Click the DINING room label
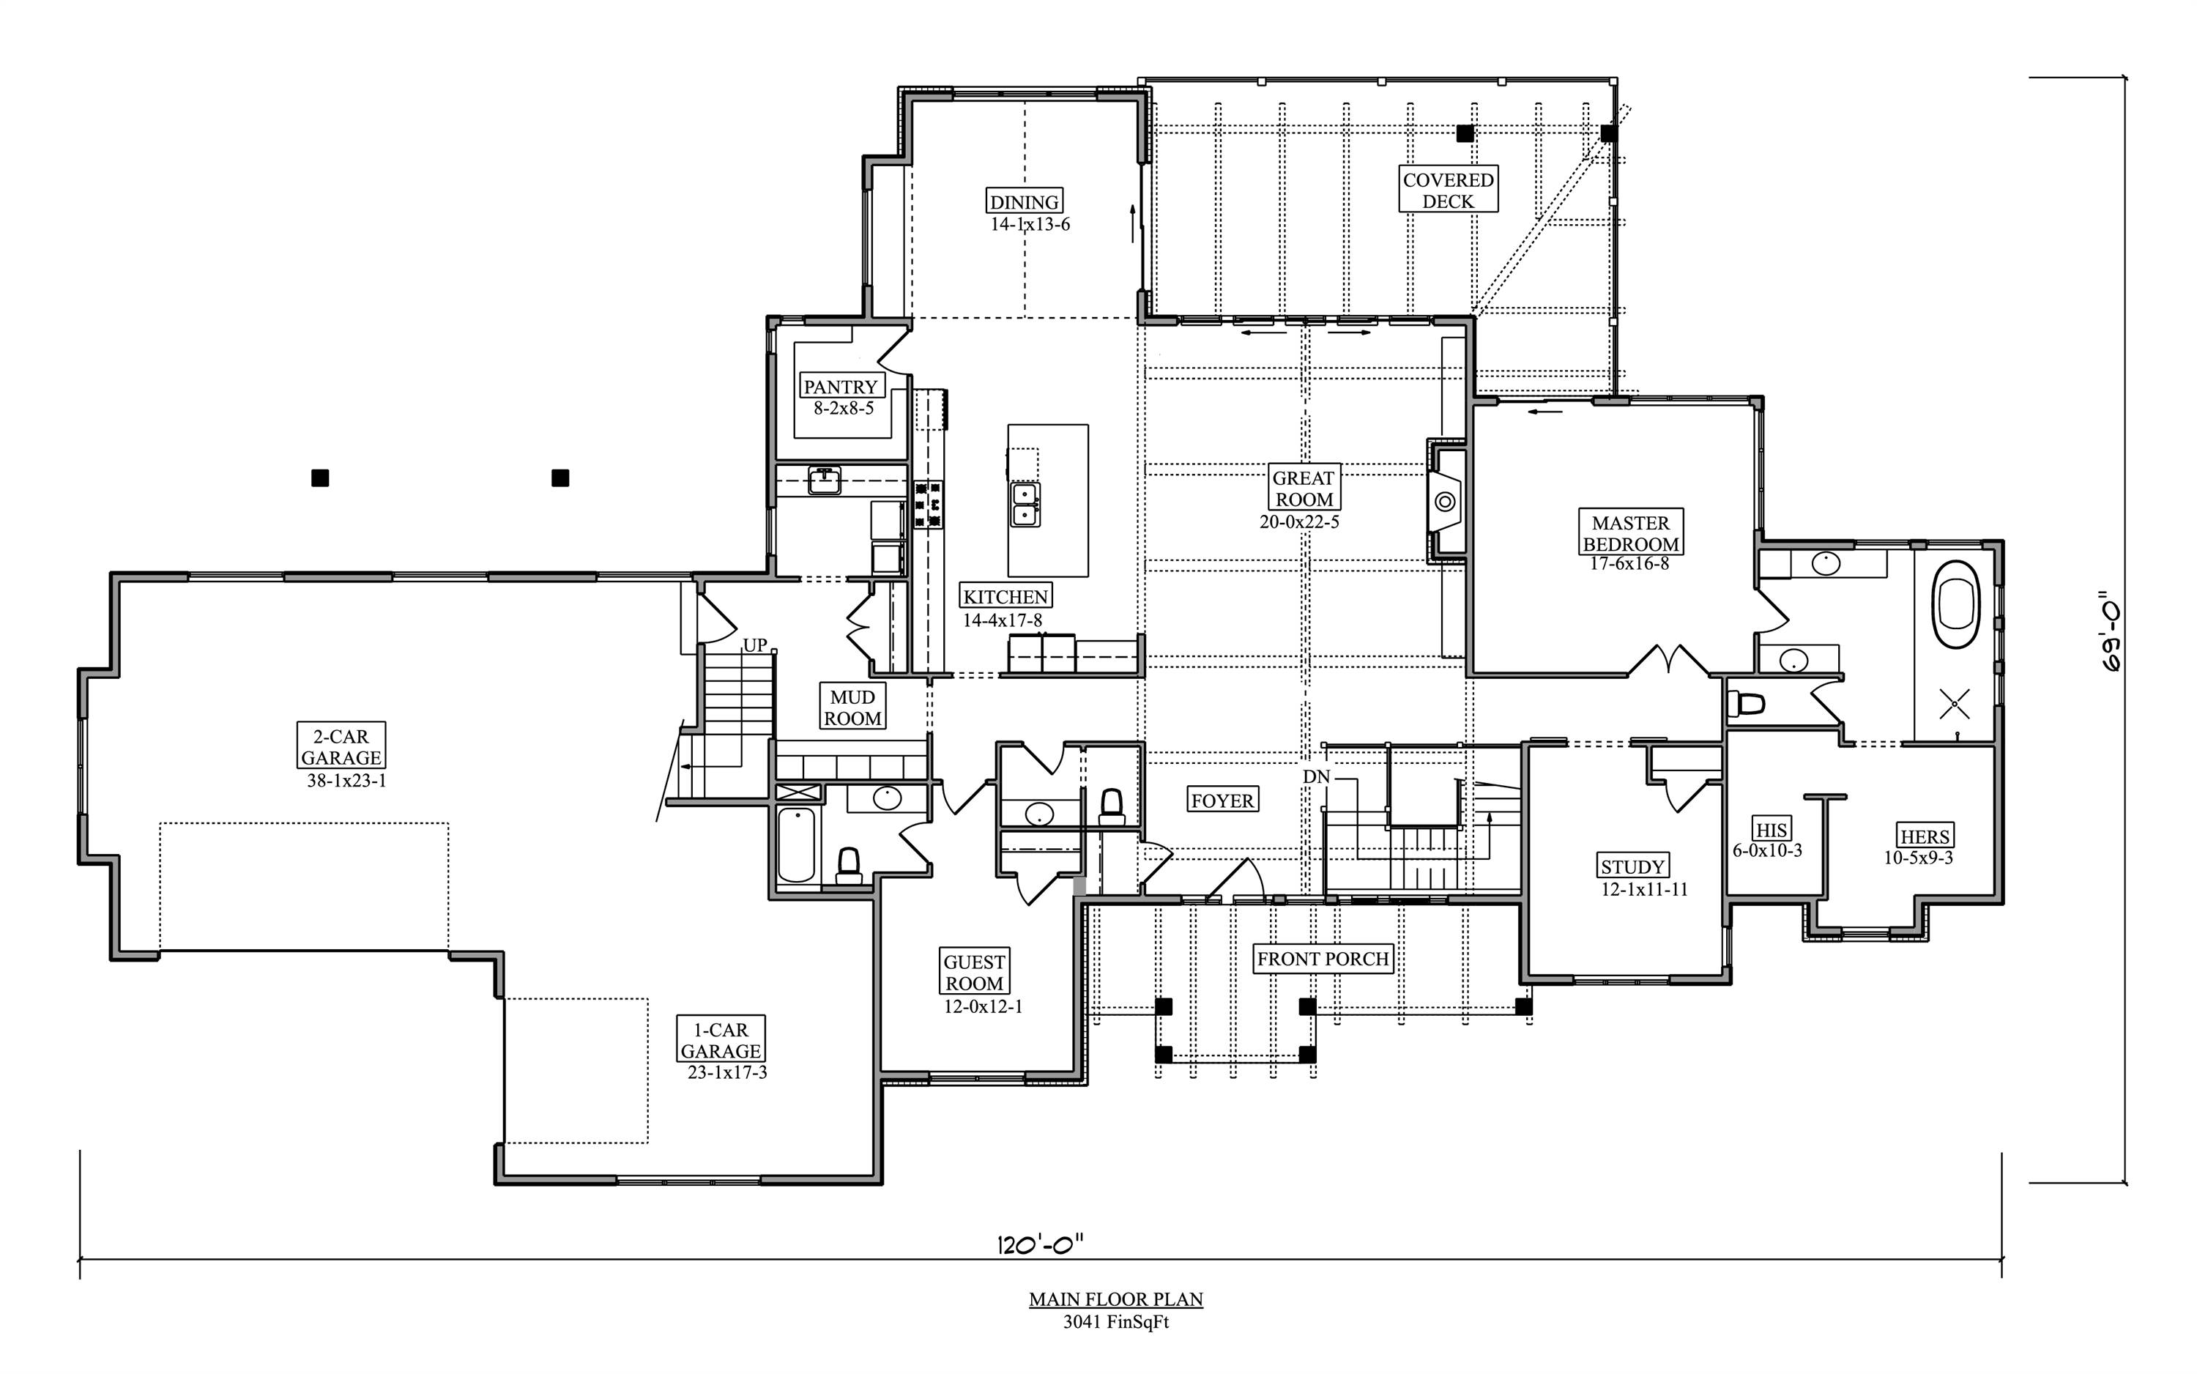[1024, 201]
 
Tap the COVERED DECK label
[1447, 190]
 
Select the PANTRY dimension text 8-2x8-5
[843, 409]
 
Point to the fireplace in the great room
[1446, 501]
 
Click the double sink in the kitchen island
[1026, 505]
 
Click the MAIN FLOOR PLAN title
[1115, 1299]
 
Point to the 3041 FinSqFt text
[1115, 1322]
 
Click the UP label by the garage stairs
[755, 645]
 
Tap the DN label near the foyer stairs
[1316, 777]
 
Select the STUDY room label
[1632, 867]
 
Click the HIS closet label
[1771, 830]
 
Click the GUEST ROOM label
[974, 973]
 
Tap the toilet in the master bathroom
[1745, 703]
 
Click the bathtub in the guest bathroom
[796, 845]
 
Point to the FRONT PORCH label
[1322, 959]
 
